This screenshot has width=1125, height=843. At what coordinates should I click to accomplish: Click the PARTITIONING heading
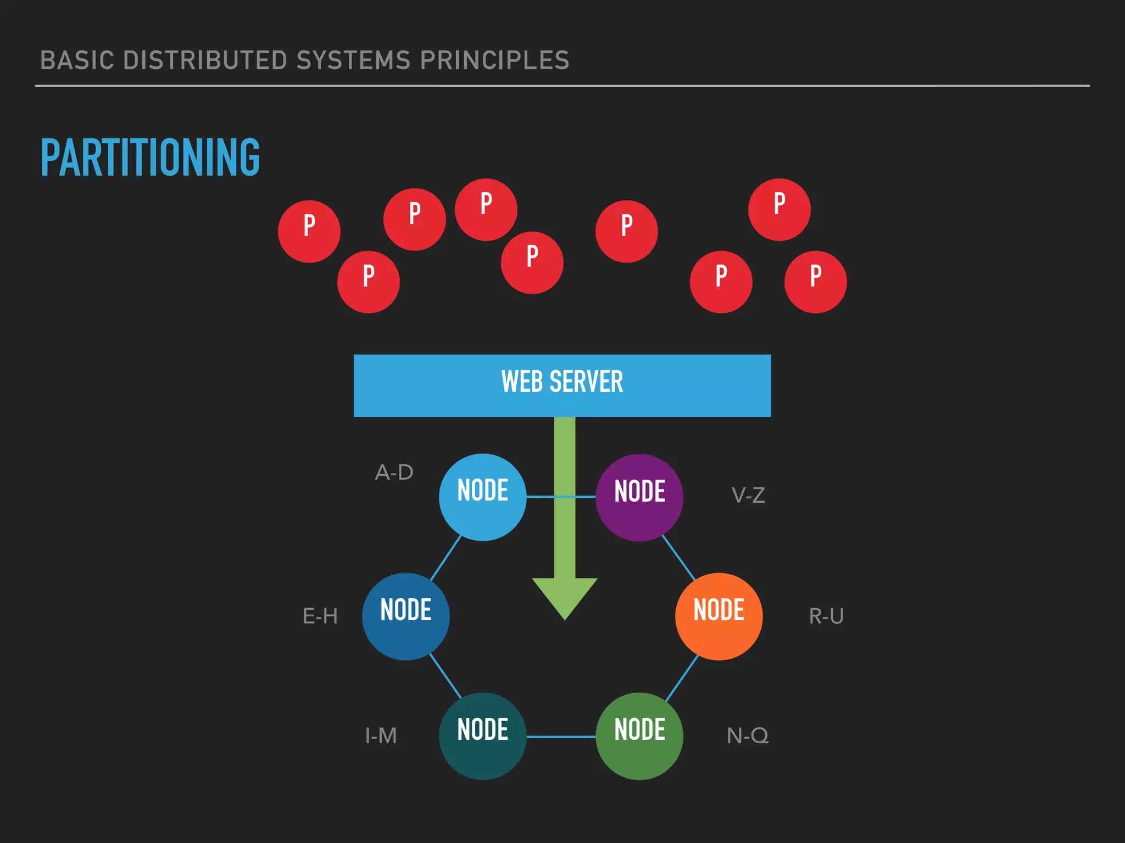150,158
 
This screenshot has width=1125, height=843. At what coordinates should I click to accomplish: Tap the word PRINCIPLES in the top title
494,60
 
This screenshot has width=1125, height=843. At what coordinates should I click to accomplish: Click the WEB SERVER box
562,385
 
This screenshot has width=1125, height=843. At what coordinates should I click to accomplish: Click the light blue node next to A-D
482,497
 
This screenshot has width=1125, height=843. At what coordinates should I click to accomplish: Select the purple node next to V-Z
639,497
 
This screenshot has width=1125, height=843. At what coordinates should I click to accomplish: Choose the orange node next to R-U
719,616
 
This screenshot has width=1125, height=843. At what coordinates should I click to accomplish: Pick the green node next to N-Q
639,736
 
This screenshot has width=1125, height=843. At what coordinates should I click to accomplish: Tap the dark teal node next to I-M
482,736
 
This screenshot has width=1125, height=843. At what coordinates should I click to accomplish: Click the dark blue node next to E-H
405,616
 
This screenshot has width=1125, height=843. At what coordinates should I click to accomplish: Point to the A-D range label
394,473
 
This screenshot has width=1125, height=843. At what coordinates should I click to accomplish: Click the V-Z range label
748,496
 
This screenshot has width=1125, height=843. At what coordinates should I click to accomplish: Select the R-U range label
826,616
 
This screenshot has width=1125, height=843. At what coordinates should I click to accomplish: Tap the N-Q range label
748,736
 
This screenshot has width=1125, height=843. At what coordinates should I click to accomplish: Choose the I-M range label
381,736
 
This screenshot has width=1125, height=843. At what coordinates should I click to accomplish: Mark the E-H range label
320,616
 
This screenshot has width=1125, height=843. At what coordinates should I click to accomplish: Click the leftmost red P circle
309,231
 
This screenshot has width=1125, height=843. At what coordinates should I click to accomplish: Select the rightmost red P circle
815,282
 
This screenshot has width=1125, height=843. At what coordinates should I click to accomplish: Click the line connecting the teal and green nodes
561,737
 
